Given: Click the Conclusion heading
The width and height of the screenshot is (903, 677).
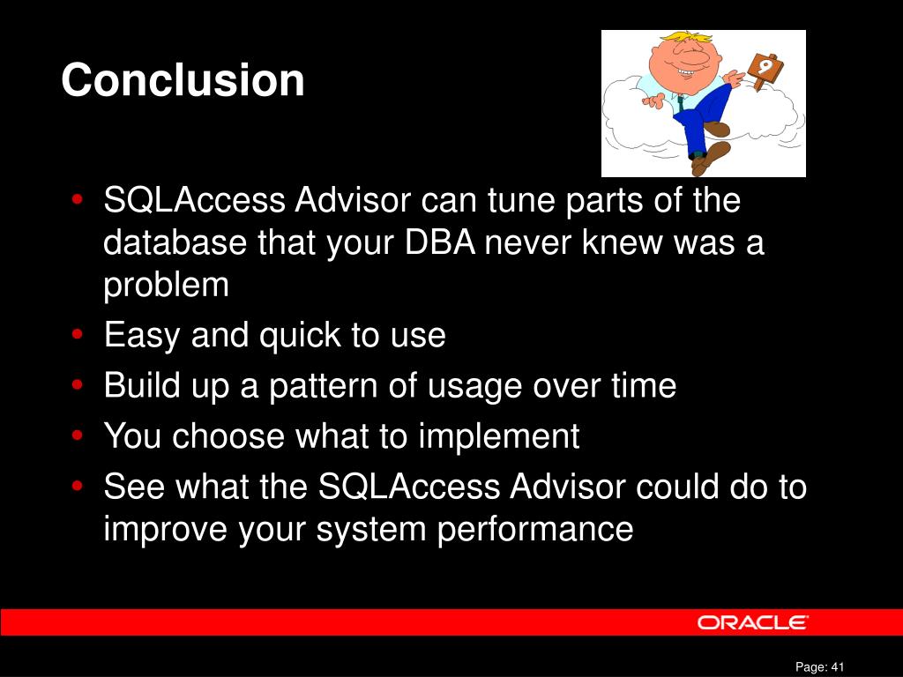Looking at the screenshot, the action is (x=183, y=80).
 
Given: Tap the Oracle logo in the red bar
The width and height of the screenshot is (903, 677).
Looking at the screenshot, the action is (x=753, y=622).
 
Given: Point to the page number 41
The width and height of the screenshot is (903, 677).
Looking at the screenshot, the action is (x=838, y=666).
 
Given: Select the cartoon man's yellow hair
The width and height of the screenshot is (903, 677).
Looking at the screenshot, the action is (x=689, y=38).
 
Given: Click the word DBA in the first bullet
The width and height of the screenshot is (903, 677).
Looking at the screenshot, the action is (x=440, y=242).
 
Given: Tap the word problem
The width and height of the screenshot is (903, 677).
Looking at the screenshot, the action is (x=166, y=286).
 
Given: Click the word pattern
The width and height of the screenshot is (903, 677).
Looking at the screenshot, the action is (x=323, y=386).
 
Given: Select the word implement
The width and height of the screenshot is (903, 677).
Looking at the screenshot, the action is (x=499, y=436).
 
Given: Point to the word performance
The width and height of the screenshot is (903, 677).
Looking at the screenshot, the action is (x=535, y=530).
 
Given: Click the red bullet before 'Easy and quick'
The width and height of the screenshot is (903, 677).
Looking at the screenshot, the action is (x=78, y=334).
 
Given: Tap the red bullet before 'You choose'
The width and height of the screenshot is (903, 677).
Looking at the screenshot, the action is (x=78, y=435).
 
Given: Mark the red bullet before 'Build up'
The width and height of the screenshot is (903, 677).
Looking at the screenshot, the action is (x=78, y=384).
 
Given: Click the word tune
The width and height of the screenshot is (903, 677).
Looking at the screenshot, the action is (x=521, y=200).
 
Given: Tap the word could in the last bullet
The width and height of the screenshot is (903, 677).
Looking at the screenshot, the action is (x=677, y=487).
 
